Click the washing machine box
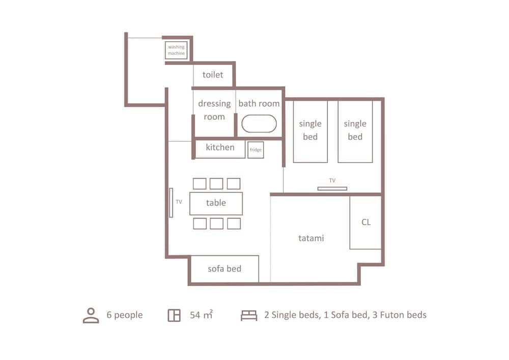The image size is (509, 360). [x=176, y=50]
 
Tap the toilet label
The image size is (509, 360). [x=213, y=75]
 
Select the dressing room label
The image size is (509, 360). [x=214, y=110]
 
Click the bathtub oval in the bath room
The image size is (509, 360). [x=259, y=124]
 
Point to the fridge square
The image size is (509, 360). [x=256, y=150]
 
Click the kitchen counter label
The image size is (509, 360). [x=220, y=148]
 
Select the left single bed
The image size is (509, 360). [x=310, y=131]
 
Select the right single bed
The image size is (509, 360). [x=355, y=131]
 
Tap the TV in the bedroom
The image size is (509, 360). [x=332, y=188]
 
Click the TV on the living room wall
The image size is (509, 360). [x=171, y=202]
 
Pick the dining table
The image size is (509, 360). [x=216, y=203]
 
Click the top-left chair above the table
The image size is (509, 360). [x=200, y=183]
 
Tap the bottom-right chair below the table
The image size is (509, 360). [x=234, y=223]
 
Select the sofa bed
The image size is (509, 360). [x=224, y=269]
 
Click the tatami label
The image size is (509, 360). [x=311, y=238]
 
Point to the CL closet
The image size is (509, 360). [x=365, y=223]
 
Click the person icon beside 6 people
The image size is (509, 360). [x=91, y=315]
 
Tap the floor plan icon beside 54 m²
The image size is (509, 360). [x=174, y=315]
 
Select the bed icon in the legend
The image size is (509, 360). [x=249, y=315]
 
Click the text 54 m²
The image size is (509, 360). [x=201, y=315]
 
